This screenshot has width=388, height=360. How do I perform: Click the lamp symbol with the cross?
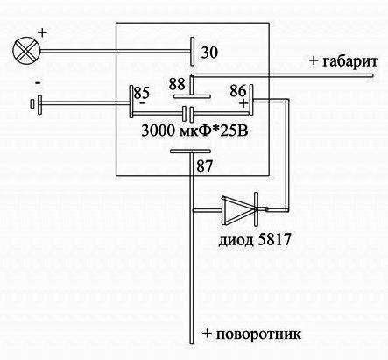pyautogui.click(x=26, y=51)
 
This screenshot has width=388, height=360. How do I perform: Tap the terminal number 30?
pyautogui.click(x=209, y=53)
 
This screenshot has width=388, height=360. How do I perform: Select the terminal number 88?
pyautogui.click(x=177, y=84)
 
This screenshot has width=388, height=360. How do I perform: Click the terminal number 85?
pyautogui.click(x=142, y=93)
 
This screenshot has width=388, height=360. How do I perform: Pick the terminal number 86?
pyautogui.click(x=238, y=91)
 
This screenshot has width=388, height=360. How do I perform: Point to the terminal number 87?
pyautogui.click(x=204, y=166)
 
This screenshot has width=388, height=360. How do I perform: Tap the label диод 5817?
pyautogui.click(x=255, y=240)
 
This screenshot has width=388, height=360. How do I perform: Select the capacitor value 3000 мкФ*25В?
pyautogui.click(x=195, y=131)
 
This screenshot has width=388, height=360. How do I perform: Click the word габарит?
pyautogui.click(x=350, y=62)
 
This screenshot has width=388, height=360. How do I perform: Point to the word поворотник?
pyautogui.click(x=258, y=334)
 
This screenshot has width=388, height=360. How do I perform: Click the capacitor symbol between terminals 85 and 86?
pyautogui.click(x=188, y=114)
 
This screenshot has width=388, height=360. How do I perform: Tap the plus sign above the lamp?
pyautogui.click(x=43, y=32)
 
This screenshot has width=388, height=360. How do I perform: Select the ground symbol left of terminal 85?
pyautogui.click(x=36, y=104)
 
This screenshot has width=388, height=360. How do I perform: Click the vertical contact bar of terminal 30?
pyautogui.click(x=192, y=52)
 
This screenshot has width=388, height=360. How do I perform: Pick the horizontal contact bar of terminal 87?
pyautogui.click(x=190, y=151)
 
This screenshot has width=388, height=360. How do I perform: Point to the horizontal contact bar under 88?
pyautogui.click(x=192, y=96)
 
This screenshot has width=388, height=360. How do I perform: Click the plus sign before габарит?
pyautogui.click(x=314, y=61)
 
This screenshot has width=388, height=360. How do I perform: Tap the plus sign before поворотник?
pyautogui.click(x=207, y=334)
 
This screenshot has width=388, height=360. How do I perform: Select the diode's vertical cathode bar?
pyautogui.click(x=256, y=209)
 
